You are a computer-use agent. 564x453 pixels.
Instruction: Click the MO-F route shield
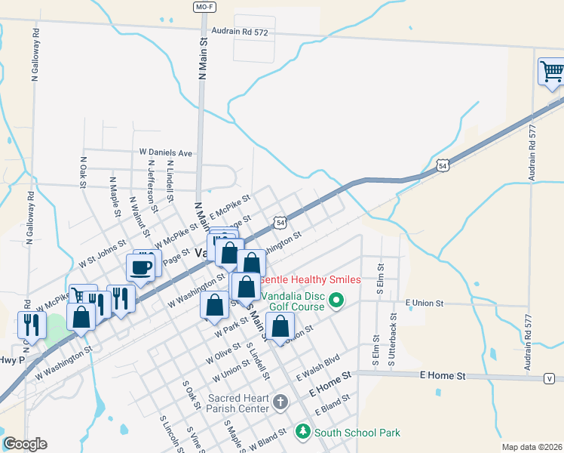tap(201, 6)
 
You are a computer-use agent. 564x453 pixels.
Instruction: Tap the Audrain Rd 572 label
tap(240, 32)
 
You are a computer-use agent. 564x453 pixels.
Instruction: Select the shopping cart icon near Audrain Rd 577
tap(552, 72)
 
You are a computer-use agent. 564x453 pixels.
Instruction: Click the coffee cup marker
tap(142, 266)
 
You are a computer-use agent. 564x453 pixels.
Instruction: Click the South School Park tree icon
tap(302, 431)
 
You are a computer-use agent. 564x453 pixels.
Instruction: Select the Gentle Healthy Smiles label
tap(310, 279)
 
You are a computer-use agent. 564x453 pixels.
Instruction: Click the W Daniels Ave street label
tap(166, 153)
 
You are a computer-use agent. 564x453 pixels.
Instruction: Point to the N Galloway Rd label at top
tap(35, 57)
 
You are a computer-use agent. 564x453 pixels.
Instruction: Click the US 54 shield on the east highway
tap(443, 165)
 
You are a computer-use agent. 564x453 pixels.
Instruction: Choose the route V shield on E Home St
tap(549, 377)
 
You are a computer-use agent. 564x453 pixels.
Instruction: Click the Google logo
tap(25, 444)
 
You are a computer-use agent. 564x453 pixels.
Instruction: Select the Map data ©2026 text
tap(531, 447)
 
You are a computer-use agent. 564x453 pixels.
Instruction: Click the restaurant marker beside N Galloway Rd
tap(31, 325)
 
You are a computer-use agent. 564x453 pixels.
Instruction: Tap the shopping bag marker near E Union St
tap(280, 328)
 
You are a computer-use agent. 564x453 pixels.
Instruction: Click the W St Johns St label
tap(101, 250)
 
